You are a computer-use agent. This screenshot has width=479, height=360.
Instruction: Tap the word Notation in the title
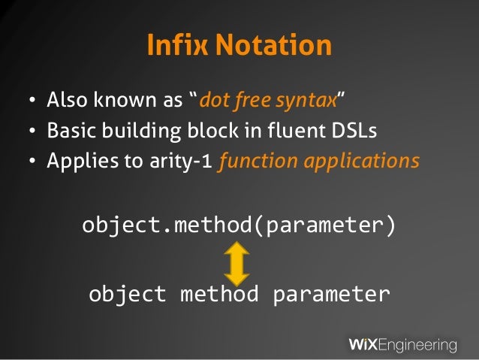point(273,47)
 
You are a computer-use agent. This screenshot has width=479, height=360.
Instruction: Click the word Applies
point(75,162)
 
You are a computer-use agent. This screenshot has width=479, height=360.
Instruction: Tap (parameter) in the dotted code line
point(327,225)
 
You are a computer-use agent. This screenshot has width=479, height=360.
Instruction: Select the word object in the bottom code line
point(127,293)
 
